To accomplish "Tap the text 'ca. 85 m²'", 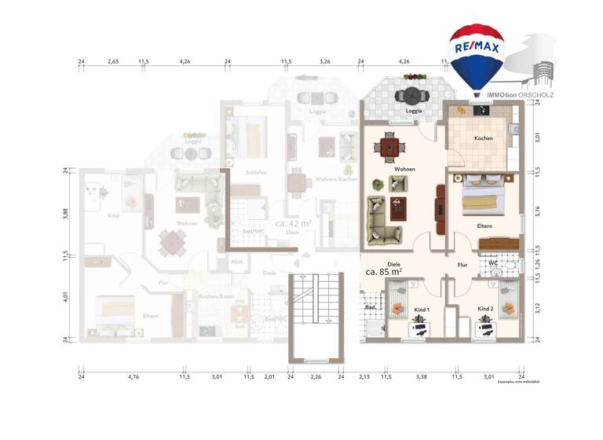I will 384,272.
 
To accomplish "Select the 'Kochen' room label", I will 484,138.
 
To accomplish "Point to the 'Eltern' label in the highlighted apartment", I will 484,226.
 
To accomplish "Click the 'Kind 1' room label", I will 422,310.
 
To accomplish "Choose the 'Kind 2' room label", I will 485,310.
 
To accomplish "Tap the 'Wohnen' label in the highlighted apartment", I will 405,169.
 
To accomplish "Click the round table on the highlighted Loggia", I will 411,97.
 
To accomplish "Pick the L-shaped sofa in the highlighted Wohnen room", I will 382,219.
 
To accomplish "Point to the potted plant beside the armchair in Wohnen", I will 378,185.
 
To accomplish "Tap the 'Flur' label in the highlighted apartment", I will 462,266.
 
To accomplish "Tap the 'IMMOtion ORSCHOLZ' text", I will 520,94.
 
